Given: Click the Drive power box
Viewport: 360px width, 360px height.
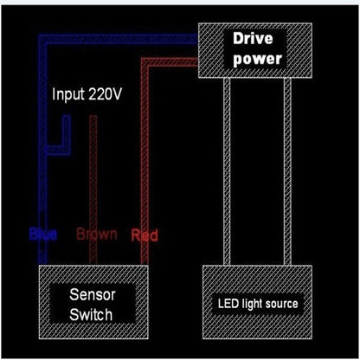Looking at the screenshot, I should point(254,49).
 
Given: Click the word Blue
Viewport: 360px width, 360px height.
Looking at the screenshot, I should point(42,235).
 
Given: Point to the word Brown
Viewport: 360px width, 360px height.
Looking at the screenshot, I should point(97,235).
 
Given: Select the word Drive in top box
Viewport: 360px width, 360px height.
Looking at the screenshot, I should point(254,40).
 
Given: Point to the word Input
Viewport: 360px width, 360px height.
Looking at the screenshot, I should point(68,94).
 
